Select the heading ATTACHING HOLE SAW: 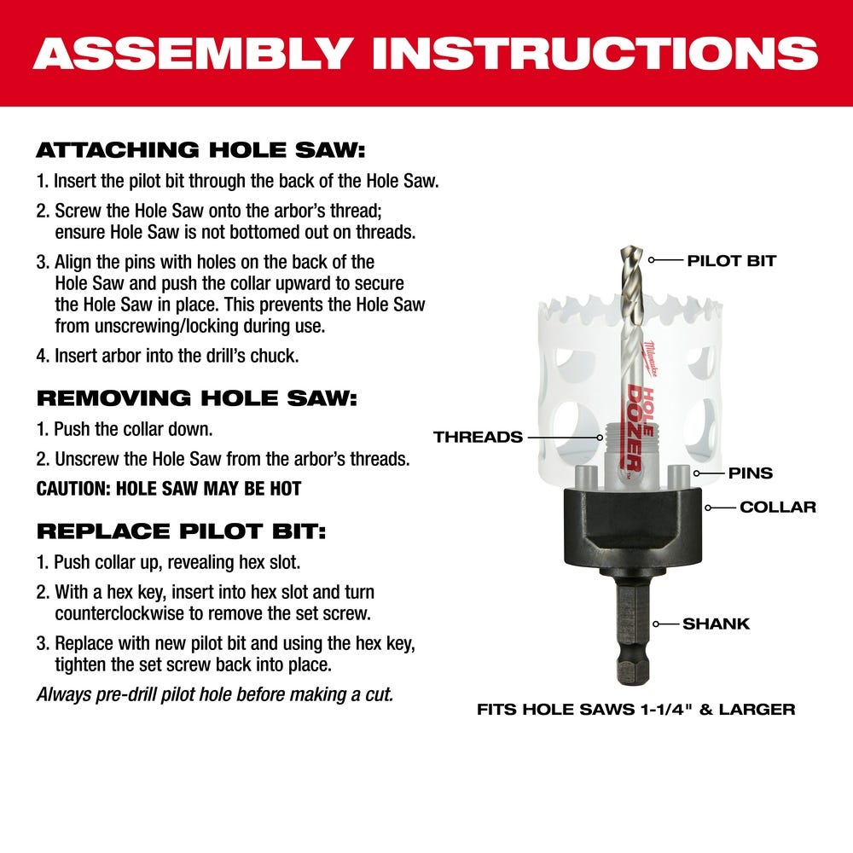tap(200, 151)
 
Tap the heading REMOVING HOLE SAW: tap(197, 397)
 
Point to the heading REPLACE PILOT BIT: tap(181, 531)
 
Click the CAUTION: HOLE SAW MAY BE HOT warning tap(169, 490)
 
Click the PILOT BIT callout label tap(731, 261)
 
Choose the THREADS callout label tap(478, 437)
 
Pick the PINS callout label tap(751, 473)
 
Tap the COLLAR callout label tap(777, 507)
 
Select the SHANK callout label tap(716, 624)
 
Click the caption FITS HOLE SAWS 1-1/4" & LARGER tap(635, 709)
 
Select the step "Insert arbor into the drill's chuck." tap(168, 356)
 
